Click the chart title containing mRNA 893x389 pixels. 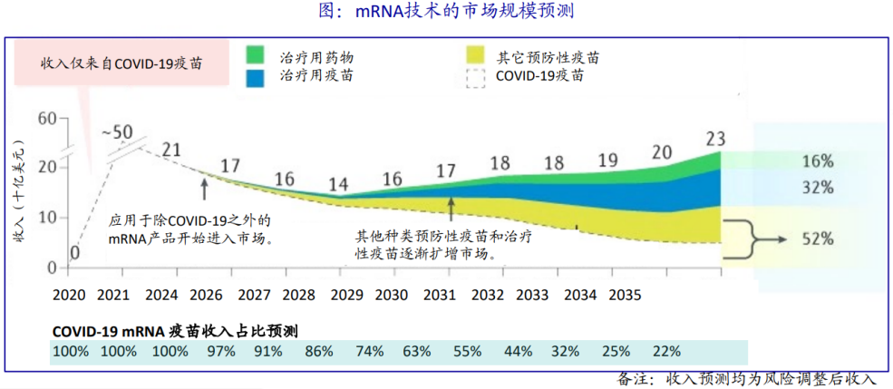[446, 12]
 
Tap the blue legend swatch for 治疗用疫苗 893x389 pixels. [264, 76]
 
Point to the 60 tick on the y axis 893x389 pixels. [47, 117]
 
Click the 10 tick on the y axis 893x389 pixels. [47, 218]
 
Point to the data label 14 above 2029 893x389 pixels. [338, 185]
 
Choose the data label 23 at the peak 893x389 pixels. [716, 139]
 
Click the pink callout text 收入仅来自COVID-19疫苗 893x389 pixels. [121, 64]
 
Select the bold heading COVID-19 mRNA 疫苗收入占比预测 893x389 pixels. [176, 330]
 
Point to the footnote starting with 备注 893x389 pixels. [748, 379]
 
